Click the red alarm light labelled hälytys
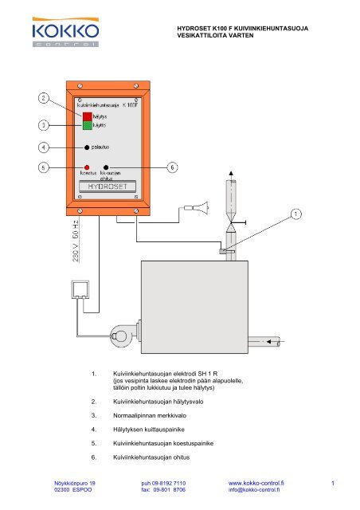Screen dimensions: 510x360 [x=87, y=116]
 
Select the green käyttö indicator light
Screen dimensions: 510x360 [x=87, y=126]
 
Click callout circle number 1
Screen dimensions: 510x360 [x=296, y=214]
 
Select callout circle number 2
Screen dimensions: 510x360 [x=44, y=99]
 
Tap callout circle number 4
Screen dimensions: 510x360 [x=44, y=147]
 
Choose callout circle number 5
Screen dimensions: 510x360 [x=44, y=167]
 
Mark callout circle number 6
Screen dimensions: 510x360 [x=173, y=167]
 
